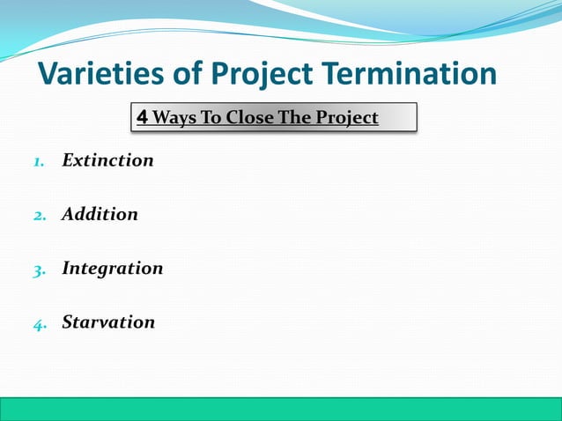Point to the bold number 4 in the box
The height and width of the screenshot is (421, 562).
(x=142, y=117)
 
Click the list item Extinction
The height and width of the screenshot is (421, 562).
(x=107, y=160)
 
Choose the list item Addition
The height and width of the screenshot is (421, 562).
(x=100, y=214)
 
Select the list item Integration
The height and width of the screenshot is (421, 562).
(x=112, y=269)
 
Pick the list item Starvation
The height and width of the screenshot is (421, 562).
(x=108, y=322)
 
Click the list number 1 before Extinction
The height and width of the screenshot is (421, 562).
(x=38, y=162)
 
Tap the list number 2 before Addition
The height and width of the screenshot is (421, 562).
(x=38, y=216)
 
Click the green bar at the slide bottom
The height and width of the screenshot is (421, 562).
(x=281, y=409)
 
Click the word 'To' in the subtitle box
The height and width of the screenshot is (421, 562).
(x=210, y=117)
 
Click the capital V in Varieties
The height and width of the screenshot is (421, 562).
(x=49, y=74)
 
